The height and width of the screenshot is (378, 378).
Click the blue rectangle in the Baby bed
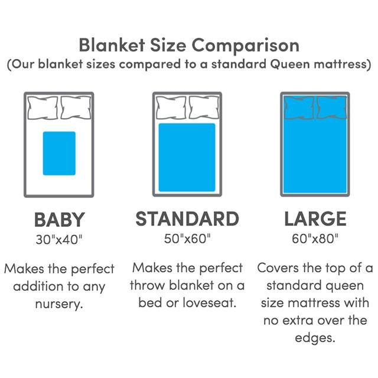coord(59,154)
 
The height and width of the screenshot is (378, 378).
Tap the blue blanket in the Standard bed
coord(187,158)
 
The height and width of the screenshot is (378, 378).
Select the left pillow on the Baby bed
coord(43,107)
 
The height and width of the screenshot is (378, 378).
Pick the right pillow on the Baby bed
coord(76,107)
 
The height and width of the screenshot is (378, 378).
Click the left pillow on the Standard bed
coord(171,107)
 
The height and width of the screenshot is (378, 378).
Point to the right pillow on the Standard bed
coord(204,107)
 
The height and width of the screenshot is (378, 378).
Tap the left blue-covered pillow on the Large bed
coord(299,107)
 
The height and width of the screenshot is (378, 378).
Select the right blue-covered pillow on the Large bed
coord(332,107)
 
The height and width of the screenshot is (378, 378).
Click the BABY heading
coord(59,220)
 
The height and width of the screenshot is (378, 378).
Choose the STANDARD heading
coord(187,219)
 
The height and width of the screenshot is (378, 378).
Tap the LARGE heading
coord(315,219)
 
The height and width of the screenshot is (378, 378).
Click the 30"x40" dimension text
coord(59,240)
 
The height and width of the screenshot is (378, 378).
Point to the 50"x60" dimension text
coord(187,239)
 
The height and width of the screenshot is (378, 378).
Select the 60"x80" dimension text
coord(315,239)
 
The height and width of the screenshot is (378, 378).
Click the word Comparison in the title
coord(246,46)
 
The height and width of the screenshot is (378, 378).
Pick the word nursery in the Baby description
coord(59,304)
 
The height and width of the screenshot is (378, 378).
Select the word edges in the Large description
coord(315,338)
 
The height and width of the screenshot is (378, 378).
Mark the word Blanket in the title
coord(112,45)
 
